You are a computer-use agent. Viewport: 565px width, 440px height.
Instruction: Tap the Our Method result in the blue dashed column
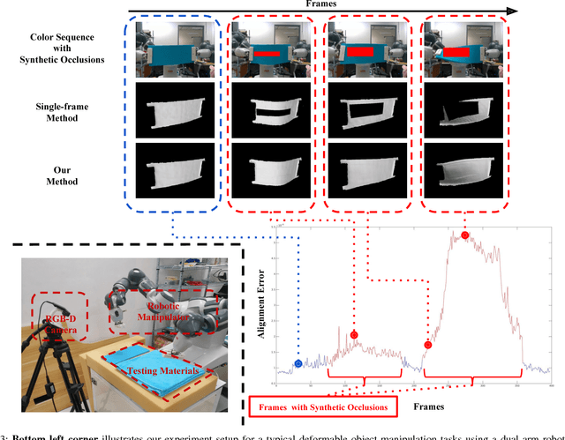(172, 170)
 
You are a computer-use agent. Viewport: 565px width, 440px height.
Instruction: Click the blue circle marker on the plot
(298, 363)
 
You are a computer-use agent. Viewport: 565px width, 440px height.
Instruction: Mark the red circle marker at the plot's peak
(465, 235)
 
